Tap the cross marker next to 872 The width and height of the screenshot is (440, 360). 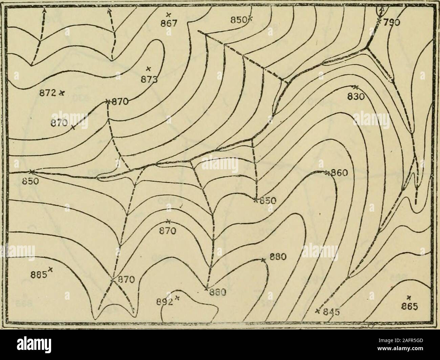click(x=63, y=92)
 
